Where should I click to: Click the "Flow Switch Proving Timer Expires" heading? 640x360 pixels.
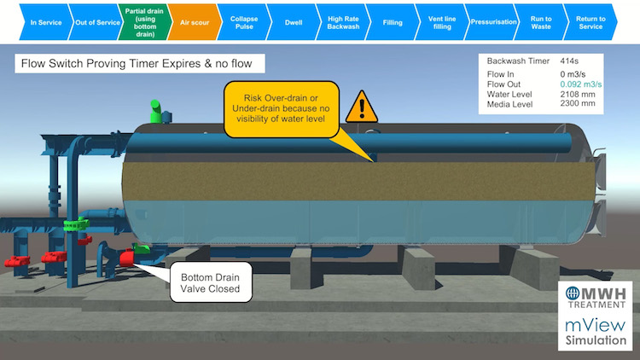(140, 64)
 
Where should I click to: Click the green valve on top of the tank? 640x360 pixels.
(157, 112)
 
